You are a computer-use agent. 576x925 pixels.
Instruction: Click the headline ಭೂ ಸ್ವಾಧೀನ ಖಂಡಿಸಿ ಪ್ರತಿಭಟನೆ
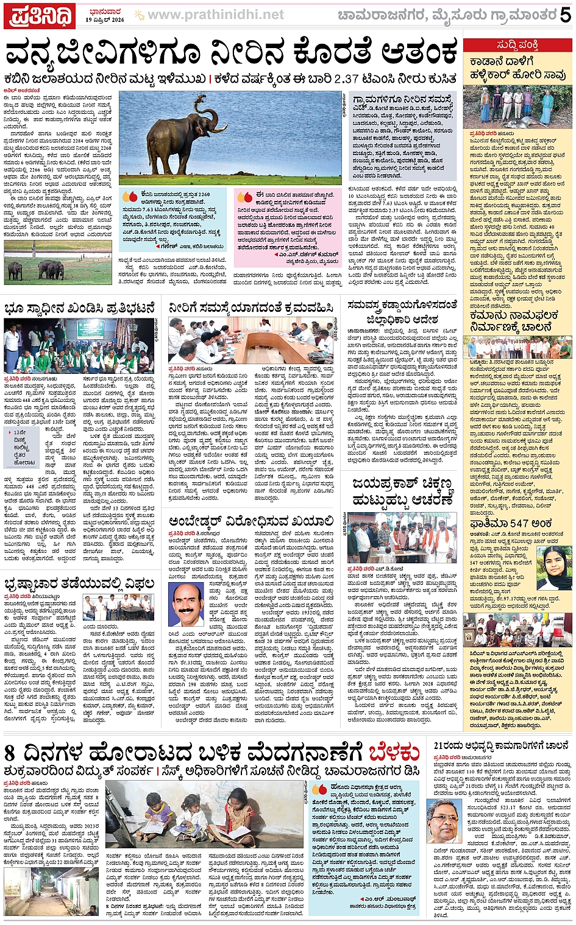[x=80, y=308]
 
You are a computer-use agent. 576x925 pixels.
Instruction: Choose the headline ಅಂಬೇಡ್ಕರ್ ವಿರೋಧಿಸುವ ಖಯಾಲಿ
[x=251, y=521]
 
